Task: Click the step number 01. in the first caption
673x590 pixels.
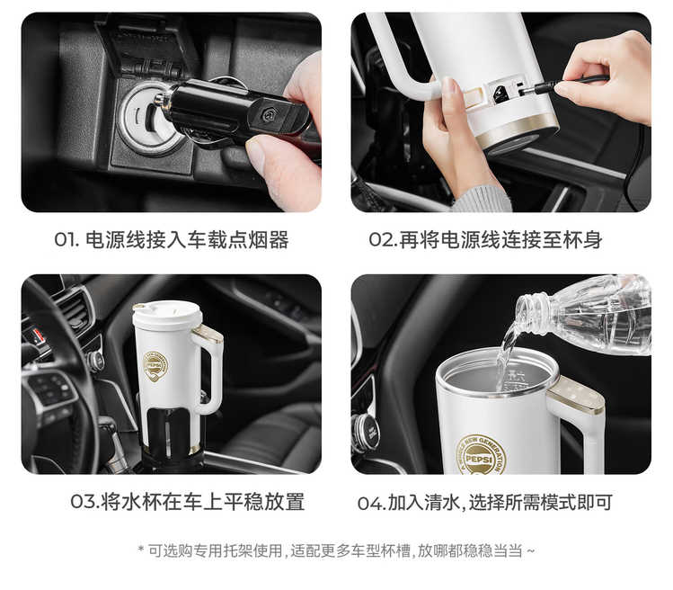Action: coord(67,240)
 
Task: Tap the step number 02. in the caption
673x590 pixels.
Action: coord(384,240)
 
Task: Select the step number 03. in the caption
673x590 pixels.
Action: coord(85,502)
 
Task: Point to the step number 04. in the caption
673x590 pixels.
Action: coord(372,503)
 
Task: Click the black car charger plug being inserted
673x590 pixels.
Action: coord(232,112)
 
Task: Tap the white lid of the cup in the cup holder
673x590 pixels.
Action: coord(167,316)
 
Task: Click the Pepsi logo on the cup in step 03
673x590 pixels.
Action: coord(155,366)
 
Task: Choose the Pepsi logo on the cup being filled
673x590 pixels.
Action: coord(482,455)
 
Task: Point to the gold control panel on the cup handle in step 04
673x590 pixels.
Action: coord(577,397)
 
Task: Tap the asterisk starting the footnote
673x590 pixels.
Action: coord(141,549)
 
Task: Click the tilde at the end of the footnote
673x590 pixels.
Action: coord(530,550)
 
